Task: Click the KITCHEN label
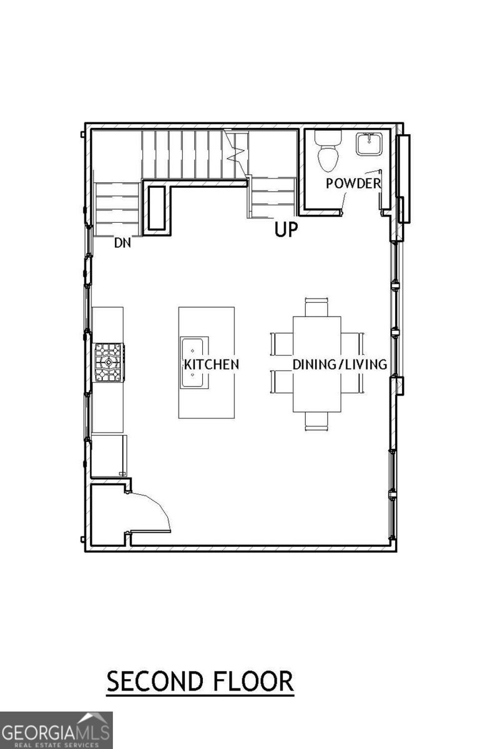(212, 364)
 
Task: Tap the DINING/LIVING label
(340, 364)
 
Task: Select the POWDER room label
(353, 184)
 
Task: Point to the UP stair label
(286, 230)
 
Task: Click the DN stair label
(122, 243)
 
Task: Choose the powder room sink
(369, 144)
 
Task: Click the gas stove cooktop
(109, 362)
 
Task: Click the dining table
(316, 364)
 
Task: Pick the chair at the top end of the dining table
(316, 307)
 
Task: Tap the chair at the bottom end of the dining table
(316, 421)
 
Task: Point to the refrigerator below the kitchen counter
(109, 456)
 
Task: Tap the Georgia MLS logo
(56, 731)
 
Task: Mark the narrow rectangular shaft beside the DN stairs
(157, 208)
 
